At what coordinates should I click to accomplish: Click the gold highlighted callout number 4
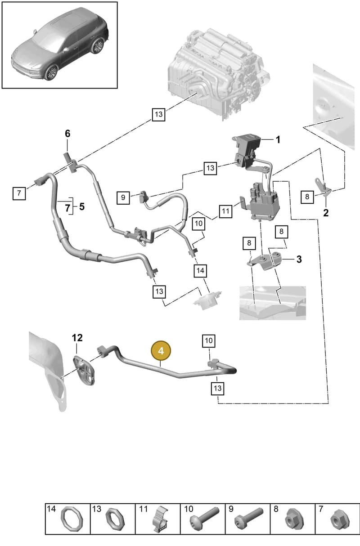[x=161, y=351]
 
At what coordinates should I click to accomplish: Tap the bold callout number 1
[x=278, y=140]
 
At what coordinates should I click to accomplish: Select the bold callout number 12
[x=77, y=338]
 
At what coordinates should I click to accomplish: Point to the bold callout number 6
[x=67, y=134]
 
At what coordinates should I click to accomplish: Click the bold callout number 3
[x=299, y=259]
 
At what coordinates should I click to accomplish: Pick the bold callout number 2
[x=326, y=213]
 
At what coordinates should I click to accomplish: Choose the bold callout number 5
[x=82, y=206]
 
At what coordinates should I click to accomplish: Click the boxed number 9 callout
[x=123, y=197]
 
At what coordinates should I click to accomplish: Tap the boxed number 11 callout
[x=225, y=211]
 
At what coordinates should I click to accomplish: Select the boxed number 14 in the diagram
[x=200, y=271]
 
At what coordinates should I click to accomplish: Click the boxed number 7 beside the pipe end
[x=19, y=193]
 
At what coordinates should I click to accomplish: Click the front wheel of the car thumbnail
[x=51, y=72]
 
